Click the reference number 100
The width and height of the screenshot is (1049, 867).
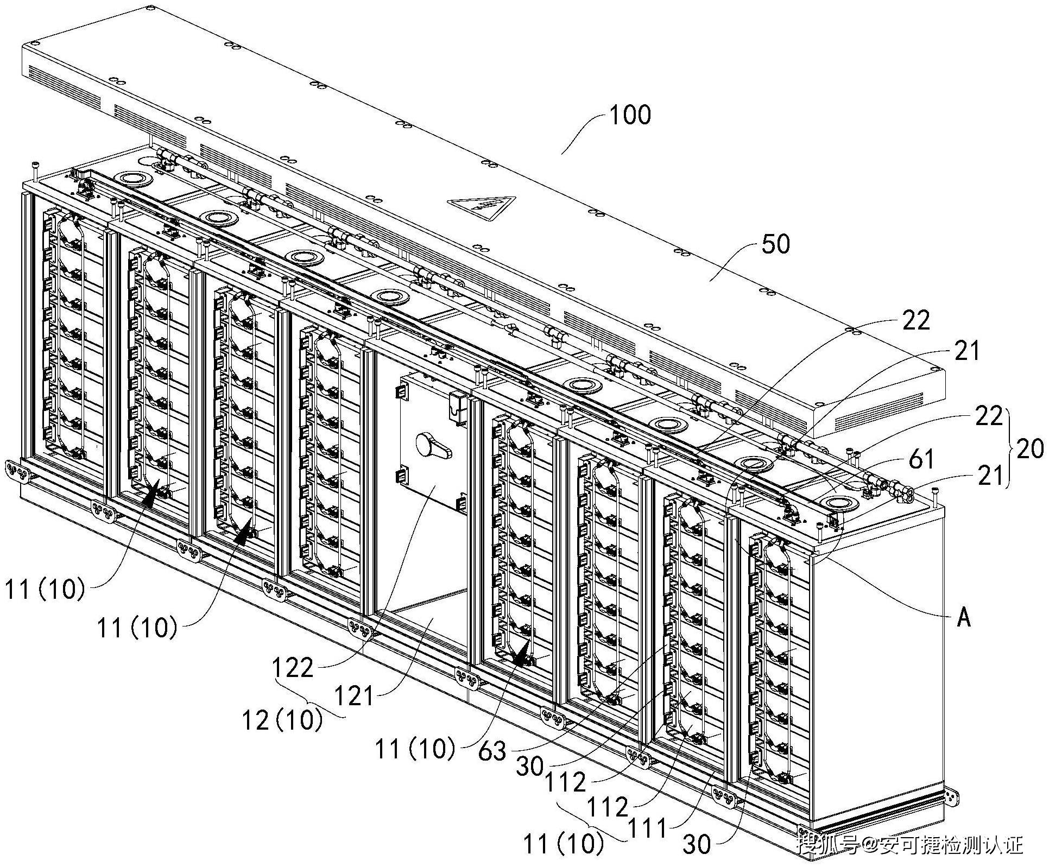[x=630, y=115]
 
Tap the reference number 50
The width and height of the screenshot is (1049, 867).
[x=776, y=244]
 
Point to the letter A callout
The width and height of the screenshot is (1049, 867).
[x=964, y=618]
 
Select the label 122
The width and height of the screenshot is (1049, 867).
[x=294, y=667]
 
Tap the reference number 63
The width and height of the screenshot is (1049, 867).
[x=492, y=751]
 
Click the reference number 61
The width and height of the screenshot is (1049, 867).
[x=921, y=460]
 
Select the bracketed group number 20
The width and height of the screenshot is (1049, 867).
[x=1029, y=450]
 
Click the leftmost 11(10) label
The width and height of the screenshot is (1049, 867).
[x=46, y=590]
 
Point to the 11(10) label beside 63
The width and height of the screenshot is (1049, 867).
[x=415, y=749]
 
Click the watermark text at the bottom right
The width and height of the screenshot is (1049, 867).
[x=910, y=845]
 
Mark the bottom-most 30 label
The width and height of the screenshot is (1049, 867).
[x=697, y=845]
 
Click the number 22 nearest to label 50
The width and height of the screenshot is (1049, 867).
[x=917, y=321]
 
